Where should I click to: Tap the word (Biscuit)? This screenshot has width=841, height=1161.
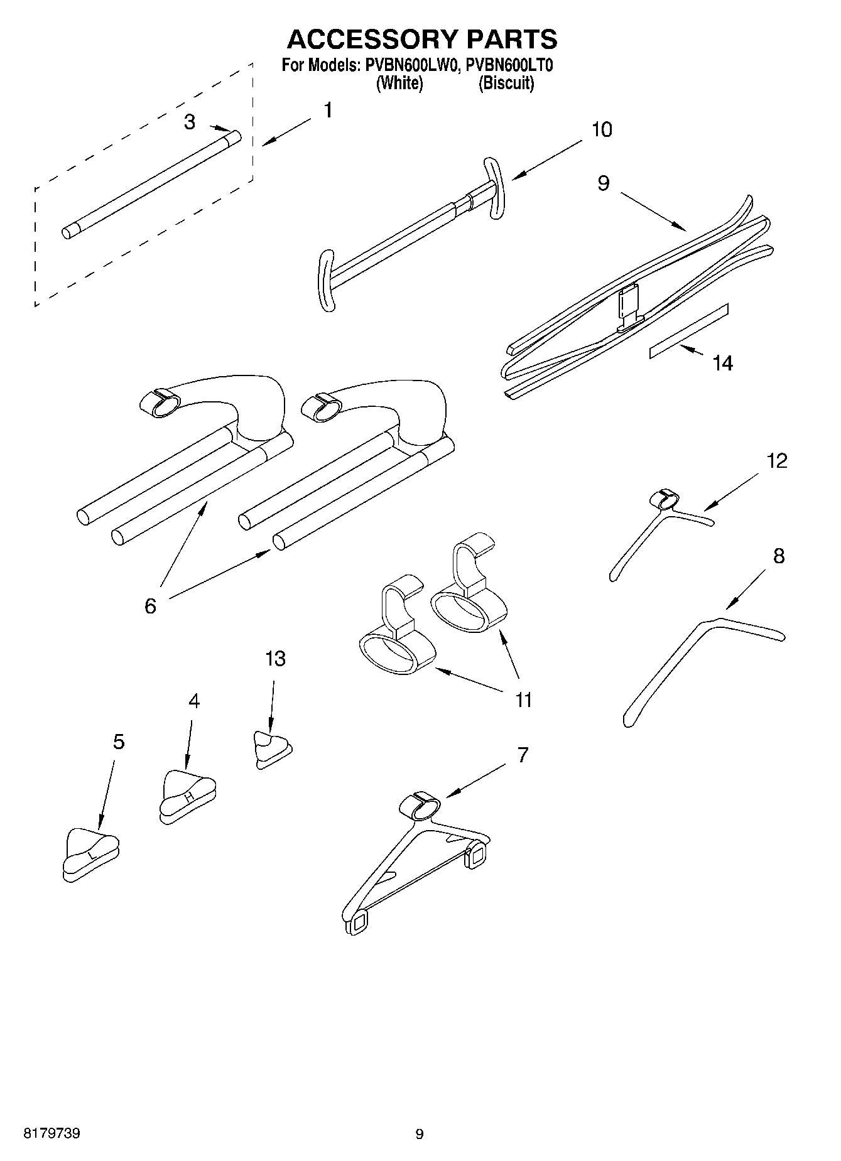point(506,83)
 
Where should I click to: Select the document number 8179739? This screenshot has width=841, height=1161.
point(52,1133)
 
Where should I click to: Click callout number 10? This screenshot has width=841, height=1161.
point(601,130)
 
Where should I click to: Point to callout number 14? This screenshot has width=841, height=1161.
point(722,363)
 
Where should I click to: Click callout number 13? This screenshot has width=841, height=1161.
point(275,659)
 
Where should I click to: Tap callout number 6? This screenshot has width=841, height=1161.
point(150,606)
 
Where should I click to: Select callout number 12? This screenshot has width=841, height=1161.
point(776,461)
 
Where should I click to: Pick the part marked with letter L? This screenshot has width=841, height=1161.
point(91,855)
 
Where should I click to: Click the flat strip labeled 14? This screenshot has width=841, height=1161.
point(689,331)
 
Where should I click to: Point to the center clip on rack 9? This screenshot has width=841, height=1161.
point(629,307)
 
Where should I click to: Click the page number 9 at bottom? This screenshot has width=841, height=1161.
point(420,1134)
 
